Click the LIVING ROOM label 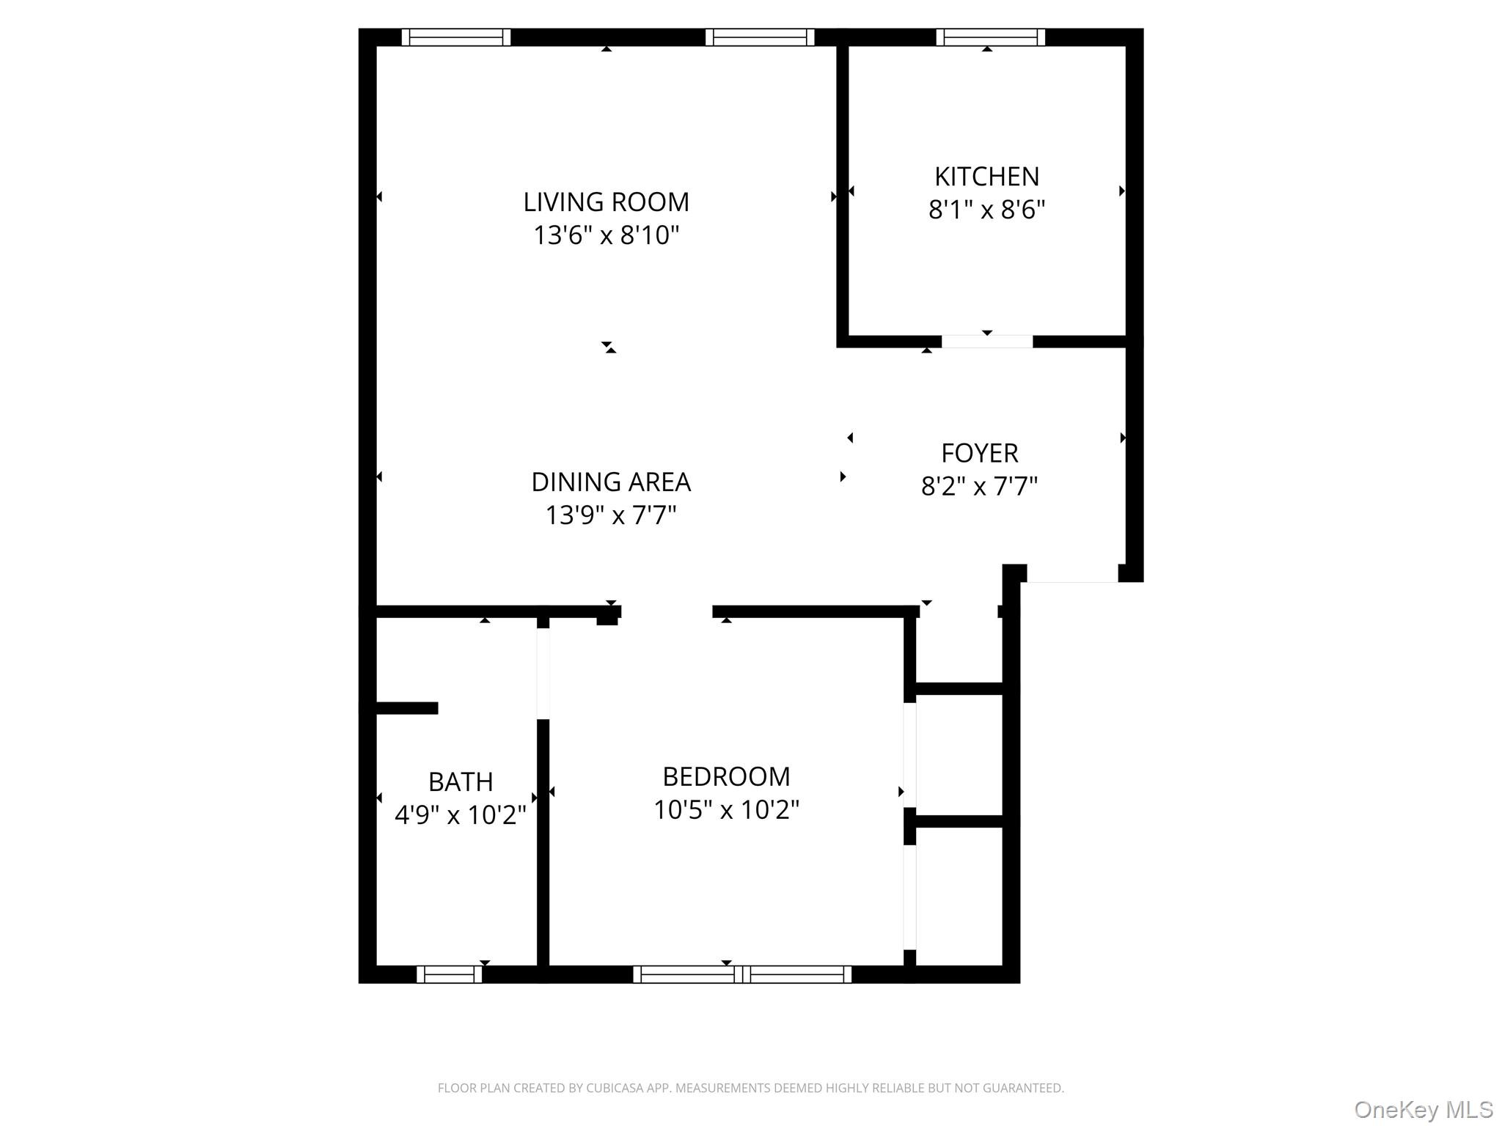(606, 202)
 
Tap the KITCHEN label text (986, 177)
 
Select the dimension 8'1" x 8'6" (986, 210)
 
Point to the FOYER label (979, 453)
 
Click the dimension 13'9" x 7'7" (610, 515)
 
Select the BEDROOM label (726, 776)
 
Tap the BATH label (460, 782)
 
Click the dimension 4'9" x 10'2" (460, 815)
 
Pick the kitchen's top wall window (990, 37)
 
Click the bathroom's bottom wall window (449, 974)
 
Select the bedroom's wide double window (741, 974)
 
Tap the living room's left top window (455, 37)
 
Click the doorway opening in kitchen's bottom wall (986, 342)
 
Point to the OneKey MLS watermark (1423, 1109)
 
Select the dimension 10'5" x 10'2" (726, 810)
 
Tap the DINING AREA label (610, 482)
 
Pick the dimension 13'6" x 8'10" (606, 235)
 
